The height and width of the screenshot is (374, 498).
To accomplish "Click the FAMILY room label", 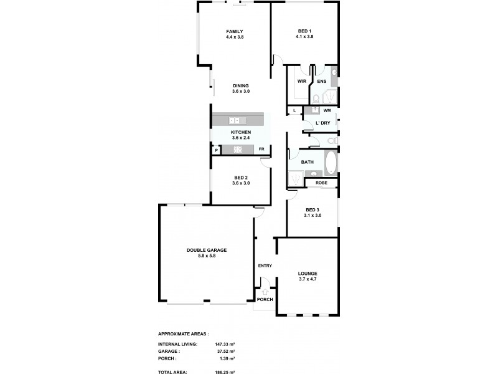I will point(234,32).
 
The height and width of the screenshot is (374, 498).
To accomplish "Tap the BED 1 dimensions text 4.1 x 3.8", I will point(304,37).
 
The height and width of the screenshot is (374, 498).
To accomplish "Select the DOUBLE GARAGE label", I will point(207,250).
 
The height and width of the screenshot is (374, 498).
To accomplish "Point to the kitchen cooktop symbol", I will point(237,149).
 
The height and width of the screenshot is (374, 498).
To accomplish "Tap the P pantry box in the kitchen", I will point(216,150).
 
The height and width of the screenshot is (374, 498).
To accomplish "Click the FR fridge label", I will point(261,150).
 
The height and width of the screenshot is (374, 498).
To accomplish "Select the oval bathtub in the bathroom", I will point(330,163).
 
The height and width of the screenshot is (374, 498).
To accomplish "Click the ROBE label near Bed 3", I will point(321,183).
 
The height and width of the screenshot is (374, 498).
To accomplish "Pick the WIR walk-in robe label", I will point(301,82).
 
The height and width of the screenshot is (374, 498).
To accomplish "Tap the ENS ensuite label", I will point(321,82).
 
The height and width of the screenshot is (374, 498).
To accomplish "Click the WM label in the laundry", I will point(327,110).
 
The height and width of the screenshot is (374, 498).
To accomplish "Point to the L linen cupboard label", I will point(294,111).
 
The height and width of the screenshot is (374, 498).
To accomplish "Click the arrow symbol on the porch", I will point(265,291).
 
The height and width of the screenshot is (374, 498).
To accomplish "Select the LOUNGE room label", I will point(308,274).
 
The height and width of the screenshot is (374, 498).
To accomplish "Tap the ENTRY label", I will point(265,266).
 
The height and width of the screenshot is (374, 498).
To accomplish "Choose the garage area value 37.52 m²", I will point(225,351).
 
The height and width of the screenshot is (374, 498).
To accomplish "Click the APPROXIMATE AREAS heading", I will point(184,334).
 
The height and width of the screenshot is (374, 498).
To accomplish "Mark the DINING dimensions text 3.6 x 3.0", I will point(241,92).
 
